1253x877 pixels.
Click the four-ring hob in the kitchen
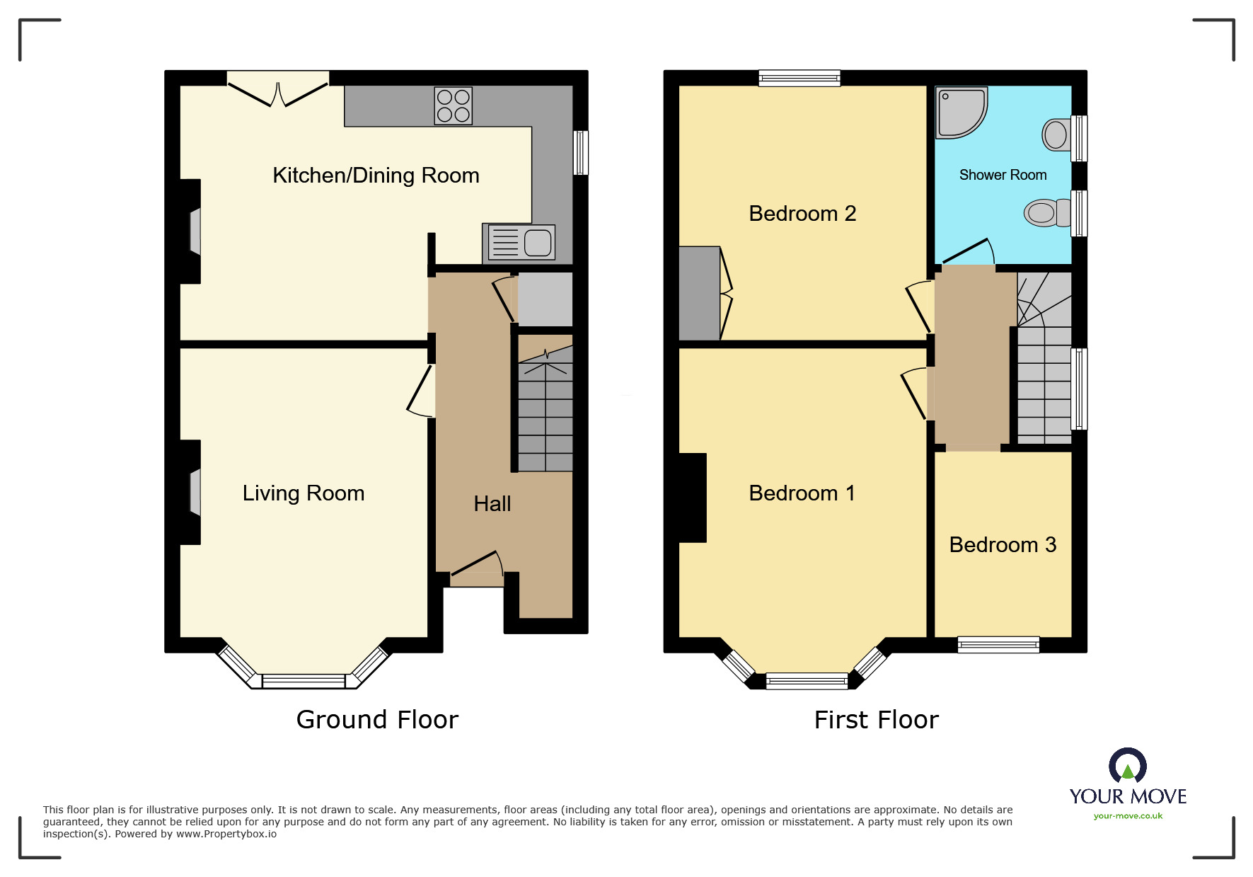[x=454, y=106]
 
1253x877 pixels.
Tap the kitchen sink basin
[x=537, y=243]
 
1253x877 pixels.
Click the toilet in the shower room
[x=1045, y=212]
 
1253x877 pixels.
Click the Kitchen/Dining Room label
[x=376, y=176]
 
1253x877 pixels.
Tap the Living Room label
[x=303, y=493]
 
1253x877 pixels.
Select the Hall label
[x=492, y=504]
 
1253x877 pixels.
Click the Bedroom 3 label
[x=1002, y=545]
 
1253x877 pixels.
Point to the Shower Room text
[x=1002, y=176]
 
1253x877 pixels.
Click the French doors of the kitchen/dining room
[x=278, y=93]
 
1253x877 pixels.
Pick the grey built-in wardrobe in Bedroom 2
[x=699, y=293]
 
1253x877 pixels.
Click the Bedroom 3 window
[x=998, y=644]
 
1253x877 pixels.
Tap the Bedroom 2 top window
[x=799, y=78]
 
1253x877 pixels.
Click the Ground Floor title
[x=377, y=720]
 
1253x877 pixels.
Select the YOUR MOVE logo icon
[x=1127, y=766]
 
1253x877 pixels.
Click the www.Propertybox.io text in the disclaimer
[x=226, y=835]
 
